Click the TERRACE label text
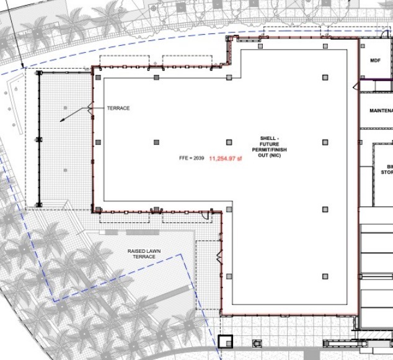118,108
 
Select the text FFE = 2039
192,158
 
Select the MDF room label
374,61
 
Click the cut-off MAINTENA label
380,111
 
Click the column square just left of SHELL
229,143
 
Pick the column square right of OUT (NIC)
325,143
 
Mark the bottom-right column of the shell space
325,276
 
